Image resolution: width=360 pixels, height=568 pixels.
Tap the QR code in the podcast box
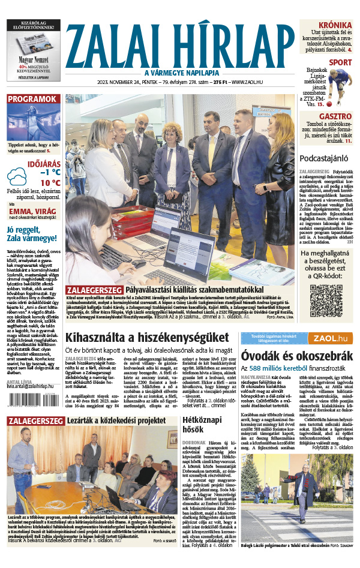(326, 300)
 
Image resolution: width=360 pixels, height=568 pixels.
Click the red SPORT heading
(341, 62)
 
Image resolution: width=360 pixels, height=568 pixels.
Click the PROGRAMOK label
(32, 99)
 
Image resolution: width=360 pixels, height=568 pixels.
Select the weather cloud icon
(16, 176)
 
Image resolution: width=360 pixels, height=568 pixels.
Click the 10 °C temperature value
(50, 183)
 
